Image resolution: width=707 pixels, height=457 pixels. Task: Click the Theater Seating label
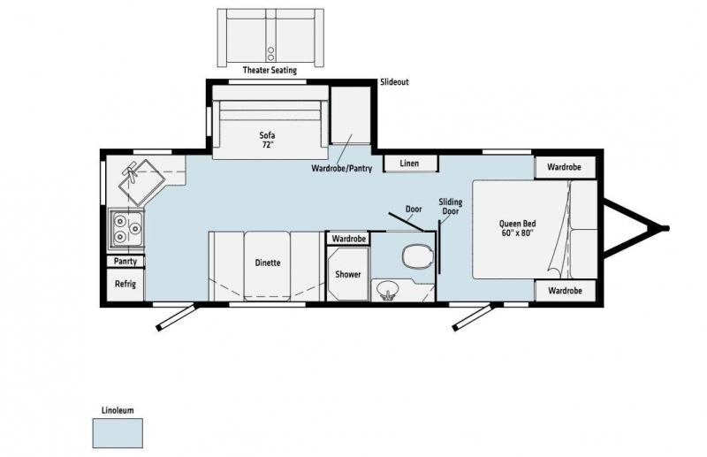point(270,70)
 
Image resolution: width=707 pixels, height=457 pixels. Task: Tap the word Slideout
point(394,82)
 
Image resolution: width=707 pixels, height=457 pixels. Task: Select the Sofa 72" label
point(268,140)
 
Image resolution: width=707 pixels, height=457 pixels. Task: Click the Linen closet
point(410,164)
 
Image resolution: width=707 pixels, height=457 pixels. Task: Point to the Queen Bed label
point(517,228)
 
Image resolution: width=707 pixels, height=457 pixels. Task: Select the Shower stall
point(347,274)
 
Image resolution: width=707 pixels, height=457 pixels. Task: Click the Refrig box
point(125,285)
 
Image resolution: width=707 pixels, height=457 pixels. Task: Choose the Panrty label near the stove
point(125,262)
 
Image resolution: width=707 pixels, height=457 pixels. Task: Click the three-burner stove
point(127,228)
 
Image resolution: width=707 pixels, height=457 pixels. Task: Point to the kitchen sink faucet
point(131,171)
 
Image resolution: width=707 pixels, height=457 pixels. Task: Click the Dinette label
point(268,263)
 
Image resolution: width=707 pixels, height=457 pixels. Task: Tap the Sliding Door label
point(450,206)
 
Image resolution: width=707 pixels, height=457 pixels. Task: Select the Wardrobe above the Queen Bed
point(565,167)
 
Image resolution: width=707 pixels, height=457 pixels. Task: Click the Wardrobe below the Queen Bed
point(565,291)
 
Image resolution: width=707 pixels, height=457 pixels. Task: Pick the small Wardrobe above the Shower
point(348,238)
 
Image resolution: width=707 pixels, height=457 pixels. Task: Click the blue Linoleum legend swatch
point(118,433)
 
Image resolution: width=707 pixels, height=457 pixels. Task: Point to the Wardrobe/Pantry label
point(341,168)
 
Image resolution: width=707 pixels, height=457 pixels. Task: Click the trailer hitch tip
point(666,228)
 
